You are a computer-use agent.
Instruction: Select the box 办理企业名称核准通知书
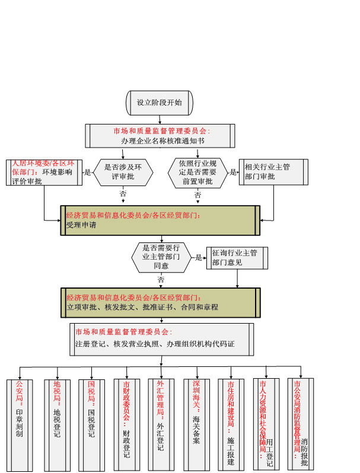point(160,136)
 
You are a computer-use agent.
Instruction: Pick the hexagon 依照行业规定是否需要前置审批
point(197,172)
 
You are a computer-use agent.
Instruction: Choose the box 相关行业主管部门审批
point(273,172)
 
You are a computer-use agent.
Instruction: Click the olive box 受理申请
point(160,220)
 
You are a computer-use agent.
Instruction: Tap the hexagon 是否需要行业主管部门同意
point(161,257)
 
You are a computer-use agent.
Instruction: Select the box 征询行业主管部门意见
point(236,257)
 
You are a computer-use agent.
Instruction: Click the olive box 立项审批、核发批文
point(160,302)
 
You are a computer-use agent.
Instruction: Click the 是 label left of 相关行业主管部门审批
point(233,172)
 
